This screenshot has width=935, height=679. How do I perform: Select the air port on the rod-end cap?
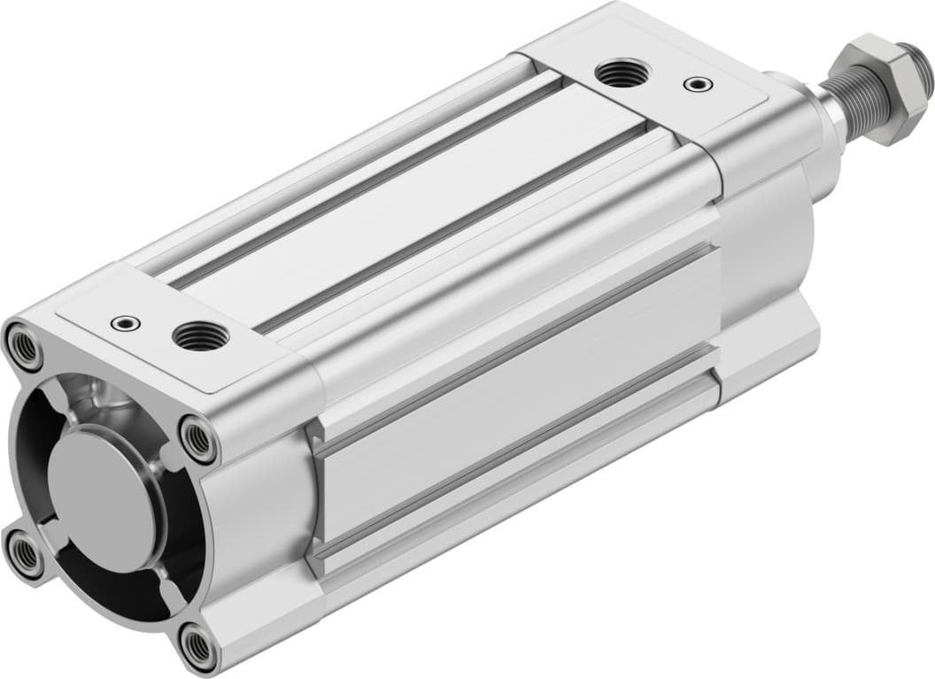click(x=622, y=74)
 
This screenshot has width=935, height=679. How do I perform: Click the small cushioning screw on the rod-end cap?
click(x=698, y=85)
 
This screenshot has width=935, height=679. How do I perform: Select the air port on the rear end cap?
click(x=200, y=336)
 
